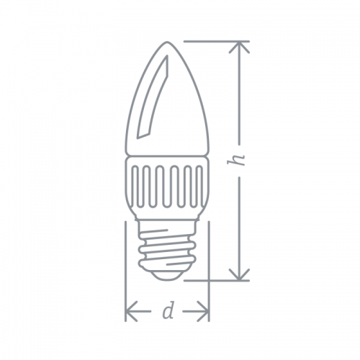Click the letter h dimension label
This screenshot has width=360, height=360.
pyautogui.click(x=236, y=159)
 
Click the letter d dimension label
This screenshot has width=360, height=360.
pyautogui.click(x=168, y=311)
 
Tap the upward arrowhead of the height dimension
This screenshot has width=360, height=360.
pyautogui.click(x=239, y=47)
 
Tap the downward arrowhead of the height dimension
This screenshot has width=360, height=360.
pyautogui.click(x=239, y=275)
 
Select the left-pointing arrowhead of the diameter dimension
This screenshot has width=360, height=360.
pyautogui.click(x=131, y=311)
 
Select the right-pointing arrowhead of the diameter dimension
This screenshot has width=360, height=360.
pyautogui.click(x=203, y=311)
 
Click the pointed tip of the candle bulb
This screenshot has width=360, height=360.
pyautogui.click(x=167, y=42)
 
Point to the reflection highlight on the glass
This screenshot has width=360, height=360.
pyautogui.click(x=153, y=97)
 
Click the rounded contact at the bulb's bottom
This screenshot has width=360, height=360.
pyautogui.click(x=167, y=275)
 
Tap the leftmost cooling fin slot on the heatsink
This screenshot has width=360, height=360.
pyautogui.click(x=136, y=186)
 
